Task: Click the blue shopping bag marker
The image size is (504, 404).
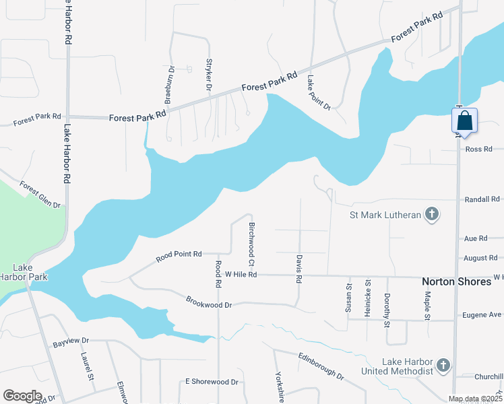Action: tap(464, 121)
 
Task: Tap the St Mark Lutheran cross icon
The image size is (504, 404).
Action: tap(432, 215)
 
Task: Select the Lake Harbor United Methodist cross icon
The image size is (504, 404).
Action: tap(443, 366)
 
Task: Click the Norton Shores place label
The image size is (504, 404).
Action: tap(456, 281)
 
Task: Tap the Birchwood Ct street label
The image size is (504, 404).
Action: tap(252, 243)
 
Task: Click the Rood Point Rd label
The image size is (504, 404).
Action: tap(179, 255)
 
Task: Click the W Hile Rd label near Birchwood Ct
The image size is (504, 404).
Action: tap(241, 275)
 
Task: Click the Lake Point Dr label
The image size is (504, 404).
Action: tap(319, 92)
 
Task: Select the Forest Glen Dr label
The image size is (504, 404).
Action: tap(40, 195)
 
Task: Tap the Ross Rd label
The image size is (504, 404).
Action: tap(479, 149)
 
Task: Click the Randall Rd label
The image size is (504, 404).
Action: tap(482, 200)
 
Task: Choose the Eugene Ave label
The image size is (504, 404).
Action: tap(482, 315)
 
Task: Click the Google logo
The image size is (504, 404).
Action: tap(22, 396)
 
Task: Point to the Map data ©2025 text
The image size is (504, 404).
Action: tap(474, 399)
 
